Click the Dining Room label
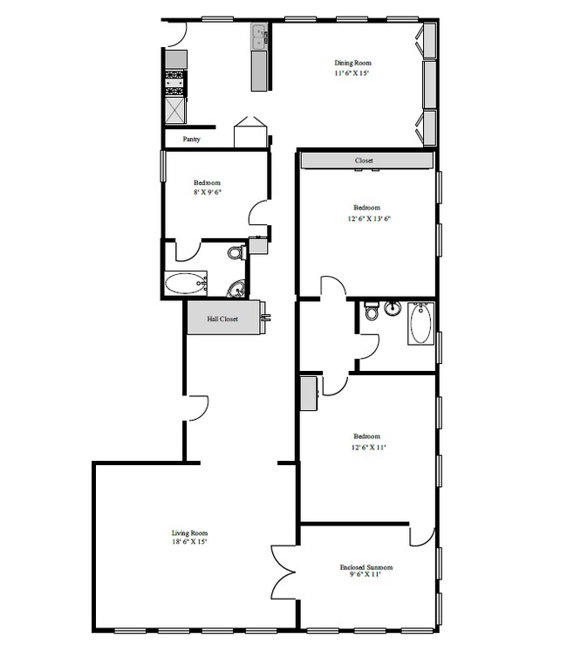point(352,63)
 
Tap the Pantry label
point(192,139)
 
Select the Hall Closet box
point(222,319)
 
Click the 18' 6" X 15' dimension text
point(189,542)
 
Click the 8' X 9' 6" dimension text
point(208,192)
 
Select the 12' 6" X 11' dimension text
point(366,446)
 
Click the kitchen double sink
point(259,38)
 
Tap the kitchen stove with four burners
point(175,83)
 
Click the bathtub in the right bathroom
point(420,323)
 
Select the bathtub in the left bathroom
point(184,284)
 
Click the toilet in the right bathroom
point(372,312)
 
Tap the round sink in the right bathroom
point(393,308)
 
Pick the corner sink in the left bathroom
point(236,289)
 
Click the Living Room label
point(189,532)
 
